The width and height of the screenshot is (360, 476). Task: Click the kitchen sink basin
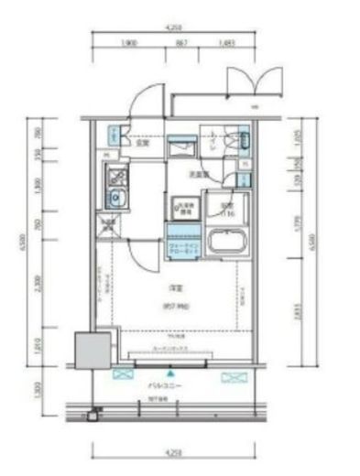(x=116, y=199)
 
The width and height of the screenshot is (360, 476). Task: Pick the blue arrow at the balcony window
(x=170, y=374)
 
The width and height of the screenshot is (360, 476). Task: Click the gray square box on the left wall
(x=91, y=351)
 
